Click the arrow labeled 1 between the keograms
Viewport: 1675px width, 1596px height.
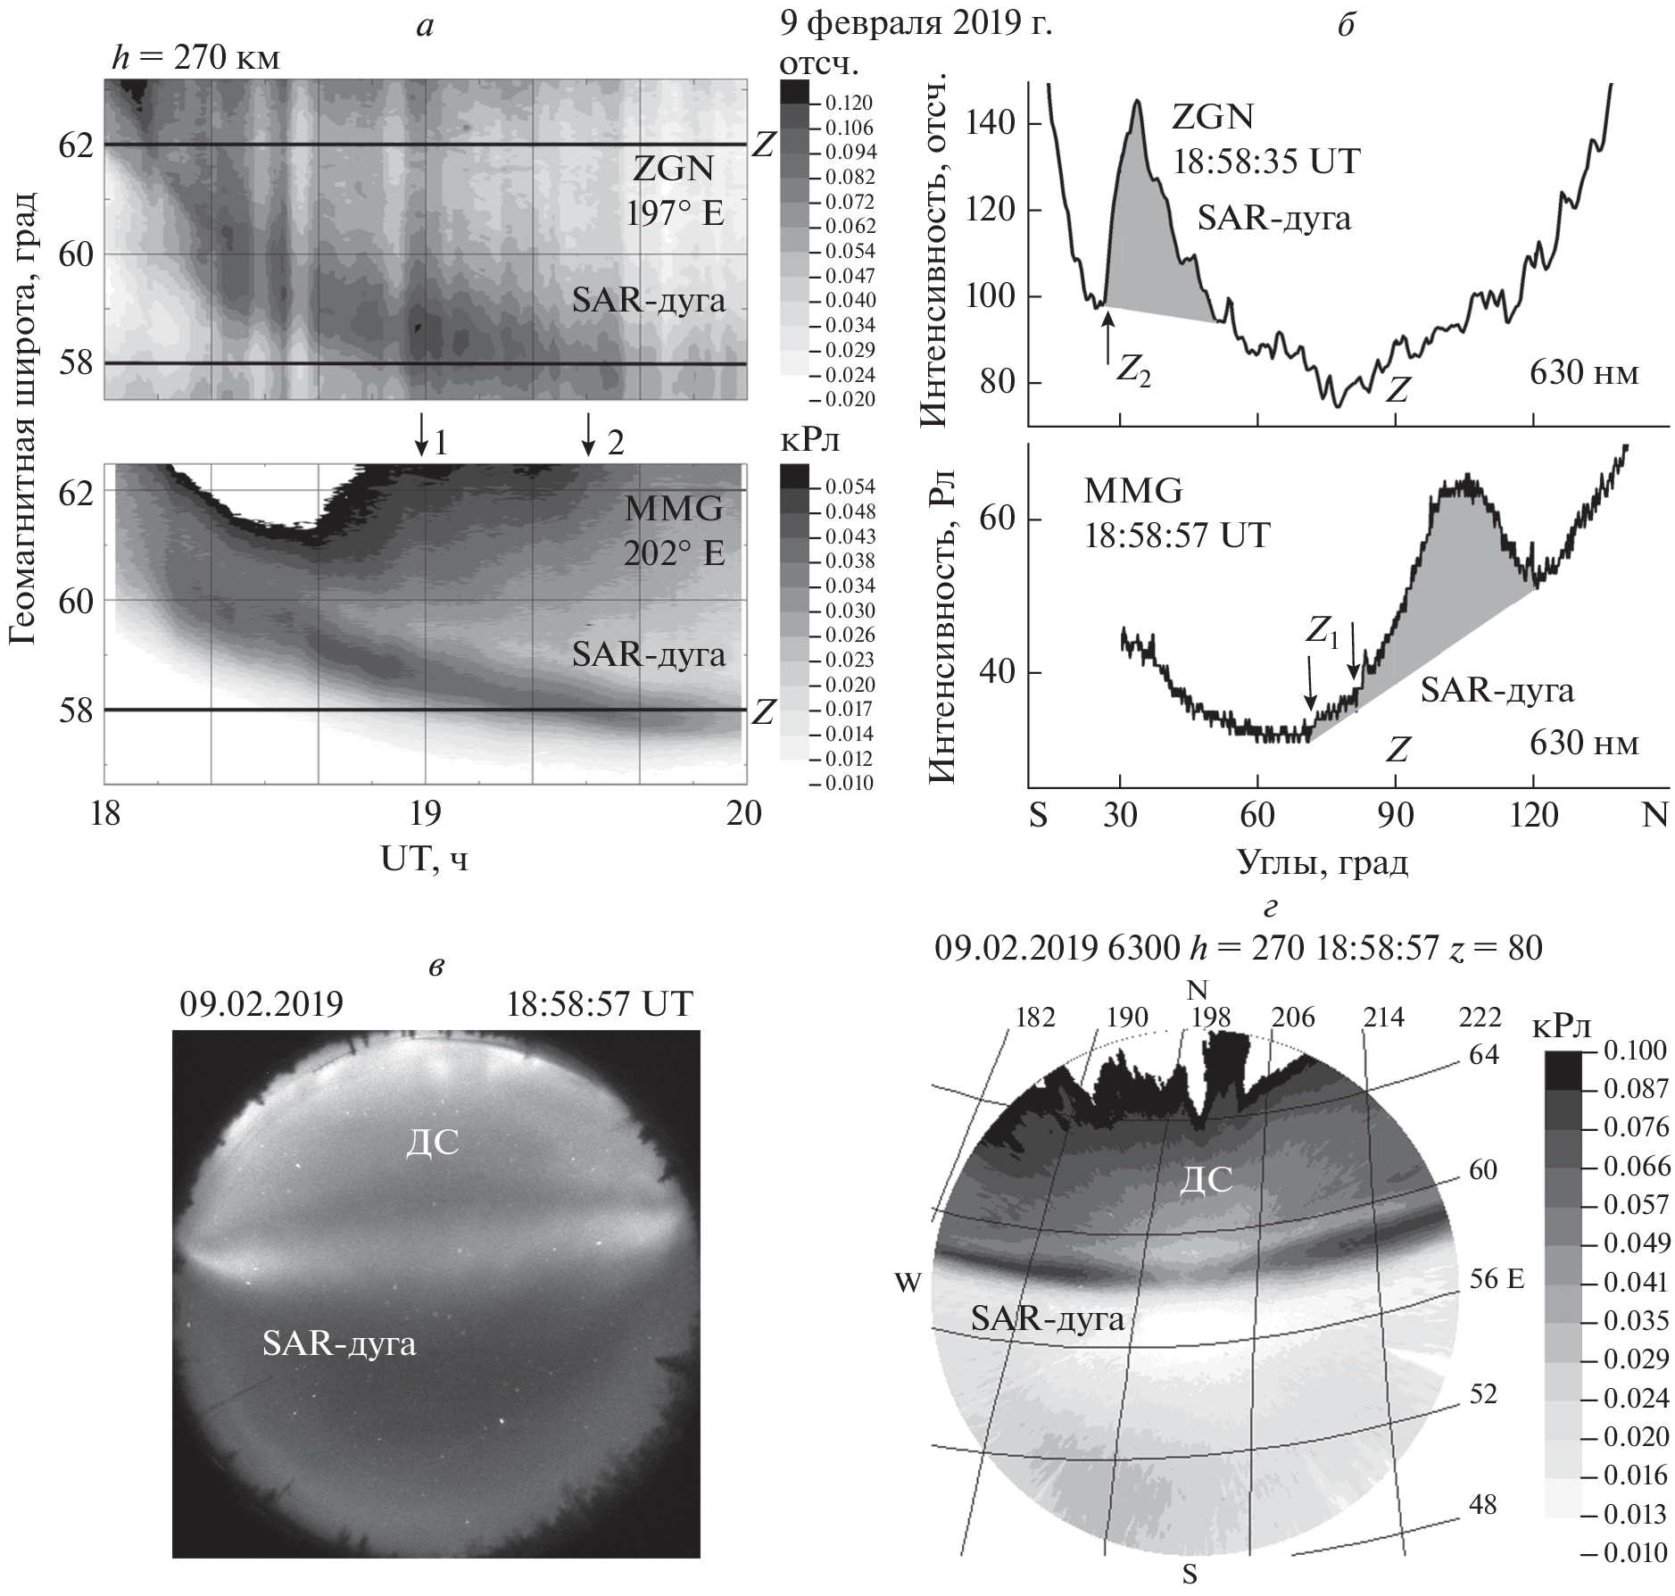tap(421, 435)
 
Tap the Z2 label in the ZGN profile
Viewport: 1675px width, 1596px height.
tap(1133, 372)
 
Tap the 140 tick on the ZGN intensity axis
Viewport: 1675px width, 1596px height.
tap(998, 124)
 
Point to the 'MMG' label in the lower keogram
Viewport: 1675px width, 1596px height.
tap(673, 510)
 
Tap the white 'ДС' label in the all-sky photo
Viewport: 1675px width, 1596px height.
tap(432, 1143)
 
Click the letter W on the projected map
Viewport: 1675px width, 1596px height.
tap(908, 1284)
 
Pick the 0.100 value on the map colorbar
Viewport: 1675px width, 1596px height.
tap(1635, 1051)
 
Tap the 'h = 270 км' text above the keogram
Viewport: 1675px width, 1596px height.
tap(195, 59)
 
